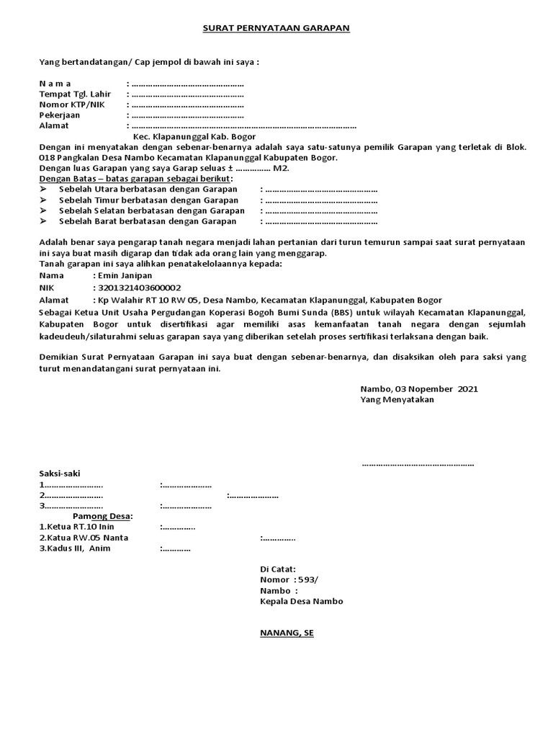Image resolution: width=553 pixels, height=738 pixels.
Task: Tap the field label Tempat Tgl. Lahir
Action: pyautogui.click(x=70, y=94)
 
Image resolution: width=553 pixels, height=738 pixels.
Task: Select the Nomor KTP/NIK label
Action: pyautogui.click(x=67, y=105)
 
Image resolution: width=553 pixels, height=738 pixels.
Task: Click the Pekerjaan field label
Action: pyautogui.click(x=60, y=115)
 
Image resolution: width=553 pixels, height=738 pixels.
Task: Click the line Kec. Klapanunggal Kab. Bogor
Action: pyautogui.click(x=194, y=136)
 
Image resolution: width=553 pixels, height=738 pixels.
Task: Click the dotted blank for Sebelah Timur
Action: pyautogui.click(x=320, y=200)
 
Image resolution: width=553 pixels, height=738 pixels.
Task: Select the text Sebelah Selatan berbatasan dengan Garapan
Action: pyautogui.click(x=151, y=211)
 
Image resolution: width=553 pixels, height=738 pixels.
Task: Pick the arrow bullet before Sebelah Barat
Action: pyautogui.click(x=43, y=221)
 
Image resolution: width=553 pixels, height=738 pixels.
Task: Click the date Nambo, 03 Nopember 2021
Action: pyautogui.click(x=418, y=388)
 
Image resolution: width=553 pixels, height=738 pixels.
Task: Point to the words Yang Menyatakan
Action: pyautogui.click(x=397, y=399)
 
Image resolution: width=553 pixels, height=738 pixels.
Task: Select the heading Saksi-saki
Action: pyautogui.click(x=60, y=474)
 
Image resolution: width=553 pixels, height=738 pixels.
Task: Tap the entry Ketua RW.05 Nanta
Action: pyautogui.click(x=79, y=538)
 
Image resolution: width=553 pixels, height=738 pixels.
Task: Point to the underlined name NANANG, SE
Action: pyautogui.click(x=287, y=633)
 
